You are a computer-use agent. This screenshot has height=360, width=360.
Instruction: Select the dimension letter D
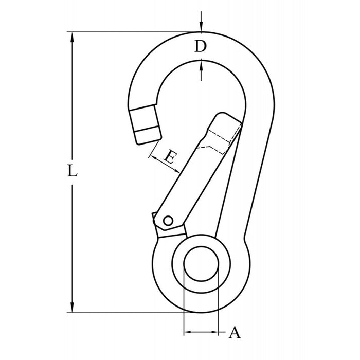[201, 47]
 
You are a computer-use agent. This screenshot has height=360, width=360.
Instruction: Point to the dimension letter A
[234, 333]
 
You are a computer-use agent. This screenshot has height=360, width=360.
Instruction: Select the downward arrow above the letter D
[201, 28]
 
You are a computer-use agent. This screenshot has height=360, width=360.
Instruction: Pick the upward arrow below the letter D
[201, 65]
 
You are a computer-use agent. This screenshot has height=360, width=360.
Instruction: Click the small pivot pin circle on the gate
[167, 221]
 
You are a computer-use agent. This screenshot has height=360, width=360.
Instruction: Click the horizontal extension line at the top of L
[129, 32]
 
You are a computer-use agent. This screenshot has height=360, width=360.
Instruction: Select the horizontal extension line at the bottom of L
[129, 312]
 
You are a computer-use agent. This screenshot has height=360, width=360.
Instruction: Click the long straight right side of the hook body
[260, 170]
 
